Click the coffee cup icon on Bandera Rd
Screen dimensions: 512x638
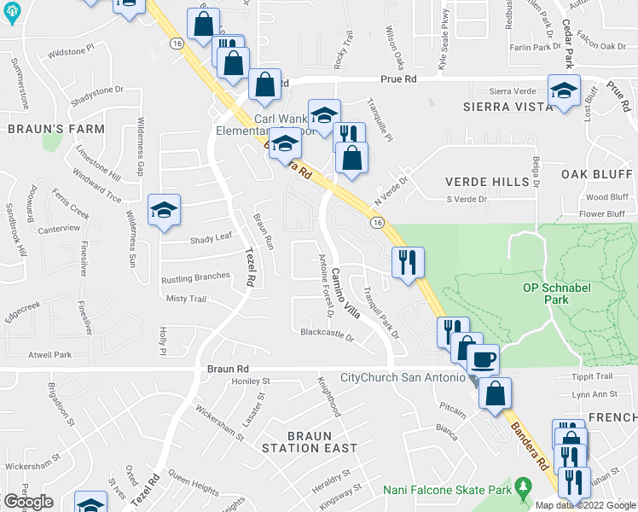pos(484,360)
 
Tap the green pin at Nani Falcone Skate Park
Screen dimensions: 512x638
pos(524,489)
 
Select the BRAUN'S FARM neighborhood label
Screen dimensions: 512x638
pos(56,129)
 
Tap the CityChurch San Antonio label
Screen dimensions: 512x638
pos(403,377)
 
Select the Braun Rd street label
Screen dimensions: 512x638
pos(226,369)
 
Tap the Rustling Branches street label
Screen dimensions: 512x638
pos(195,276)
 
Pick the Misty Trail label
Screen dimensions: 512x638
pos(187,299)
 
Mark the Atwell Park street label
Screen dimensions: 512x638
pos(49,354)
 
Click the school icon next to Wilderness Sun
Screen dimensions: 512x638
pos(164,211)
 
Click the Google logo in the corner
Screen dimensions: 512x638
pos(27,502)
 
